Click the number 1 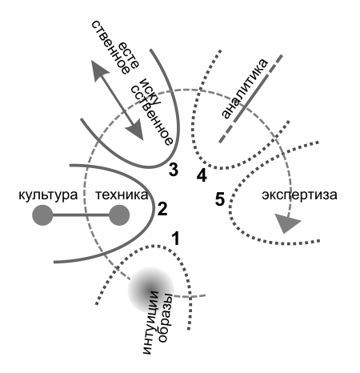(175, 239)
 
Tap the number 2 (162, 209)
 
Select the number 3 (174, 170)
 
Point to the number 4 (202, 175)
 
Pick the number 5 (220, 199)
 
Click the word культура (48, 195)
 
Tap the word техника (122, 195)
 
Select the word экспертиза (299, 195)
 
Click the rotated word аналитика (244, 88)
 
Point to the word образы (166, 318)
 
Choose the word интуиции (151, 323)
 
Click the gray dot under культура (42, 215)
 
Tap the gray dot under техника (119, 215)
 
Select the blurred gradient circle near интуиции (150, 290)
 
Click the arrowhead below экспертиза (287, 223)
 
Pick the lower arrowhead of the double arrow (136, 130)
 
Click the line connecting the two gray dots (81, 215)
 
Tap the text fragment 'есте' (129, 55)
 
